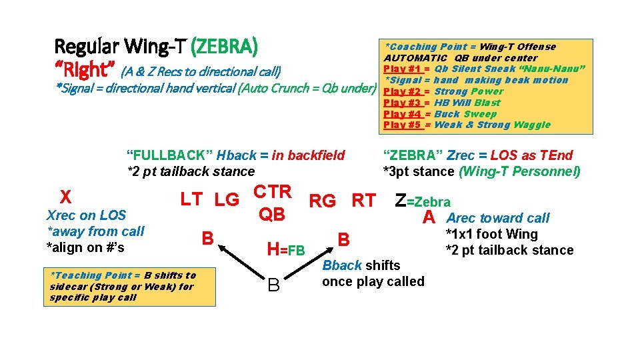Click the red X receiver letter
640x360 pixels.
click(65, 197)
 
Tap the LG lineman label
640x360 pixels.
click(227, 199)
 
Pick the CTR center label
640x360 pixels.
click(273, 192)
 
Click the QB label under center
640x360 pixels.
click(271, 214)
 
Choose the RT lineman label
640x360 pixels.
click(363, 200)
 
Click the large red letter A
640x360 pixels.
click(429, 217)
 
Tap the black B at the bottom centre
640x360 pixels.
click(273, 286)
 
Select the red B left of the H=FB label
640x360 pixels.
click(208, 238)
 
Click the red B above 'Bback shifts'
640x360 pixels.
click(343, 239)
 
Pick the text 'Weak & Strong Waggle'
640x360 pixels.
click(492, 125)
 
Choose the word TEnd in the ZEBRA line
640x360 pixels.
click(557, 155)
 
